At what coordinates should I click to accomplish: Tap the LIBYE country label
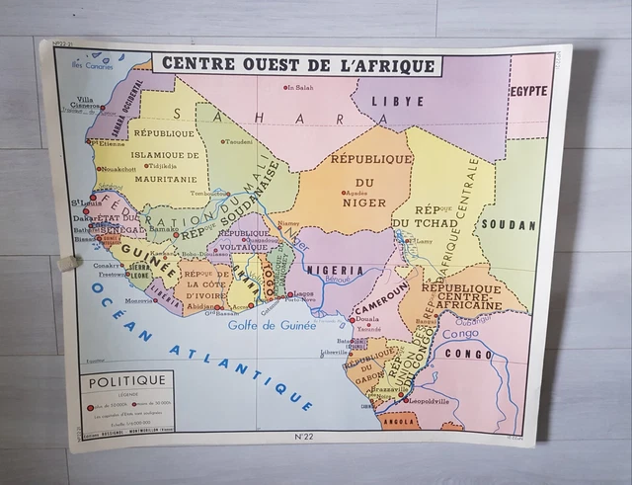tap(399, 101)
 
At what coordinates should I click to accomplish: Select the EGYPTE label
tap(529, 91)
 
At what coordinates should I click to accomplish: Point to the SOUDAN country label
tap(509, 224)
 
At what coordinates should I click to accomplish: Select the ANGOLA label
tap(399, 420)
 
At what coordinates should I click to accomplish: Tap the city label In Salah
tap(304, 88)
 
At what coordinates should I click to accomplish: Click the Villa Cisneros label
tap(86, 104)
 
